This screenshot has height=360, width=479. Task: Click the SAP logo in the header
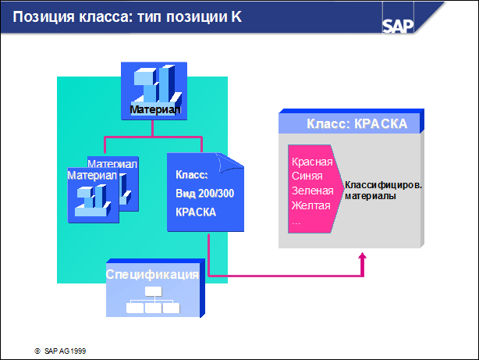398,26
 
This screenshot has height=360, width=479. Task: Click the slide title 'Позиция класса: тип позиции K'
127,16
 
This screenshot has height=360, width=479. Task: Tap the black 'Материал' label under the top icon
155,109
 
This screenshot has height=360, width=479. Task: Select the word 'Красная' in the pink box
312,162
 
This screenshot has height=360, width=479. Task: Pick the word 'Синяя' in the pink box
307,176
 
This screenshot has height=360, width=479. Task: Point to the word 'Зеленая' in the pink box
312,191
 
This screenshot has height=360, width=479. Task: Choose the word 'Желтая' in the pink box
310,205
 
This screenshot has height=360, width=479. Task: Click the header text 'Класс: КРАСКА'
357,124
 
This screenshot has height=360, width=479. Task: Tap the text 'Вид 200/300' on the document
204,194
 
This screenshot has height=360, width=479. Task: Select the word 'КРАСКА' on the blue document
196,212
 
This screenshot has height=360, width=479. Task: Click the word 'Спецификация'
152,274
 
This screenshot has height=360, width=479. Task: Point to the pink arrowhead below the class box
362,256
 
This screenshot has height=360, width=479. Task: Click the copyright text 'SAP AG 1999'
65,351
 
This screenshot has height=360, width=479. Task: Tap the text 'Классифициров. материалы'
383,191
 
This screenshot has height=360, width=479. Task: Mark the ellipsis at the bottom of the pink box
296,223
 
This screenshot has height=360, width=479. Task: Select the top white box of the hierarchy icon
154,291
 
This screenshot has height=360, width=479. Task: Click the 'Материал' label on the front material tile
92,175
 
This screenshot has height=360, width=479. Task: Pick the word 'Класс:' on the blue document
192,175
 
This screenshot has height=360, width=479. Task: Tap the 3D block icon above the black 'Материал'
156,84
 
